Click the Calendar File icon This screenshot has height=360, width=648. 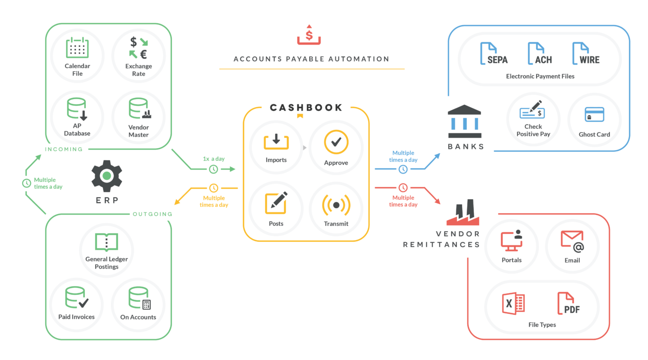click(77, 48)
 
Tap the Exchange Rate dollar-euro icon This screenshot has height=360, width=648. click(139, 48)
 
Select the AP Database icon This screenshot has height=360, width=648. click(77, 109)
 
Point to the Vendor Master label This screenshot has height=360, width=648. click(139, 131)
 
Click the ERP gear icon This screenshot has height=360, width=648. click(107, 176)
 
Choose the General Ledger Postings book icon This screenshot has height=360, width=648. click(106, 242)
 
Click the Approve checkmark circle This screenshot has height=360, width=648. click(336, 142)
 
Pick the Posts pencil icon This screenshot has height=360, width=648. click(276, 203)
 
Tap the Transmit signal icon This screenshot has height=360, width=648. click(336, 204)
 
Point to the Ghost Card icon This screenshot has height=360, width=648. click(594, 115)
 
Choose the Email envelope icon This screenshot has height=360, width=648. click(572, 240)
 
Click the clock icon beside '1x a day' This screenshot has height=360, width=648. click(214, 169)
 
